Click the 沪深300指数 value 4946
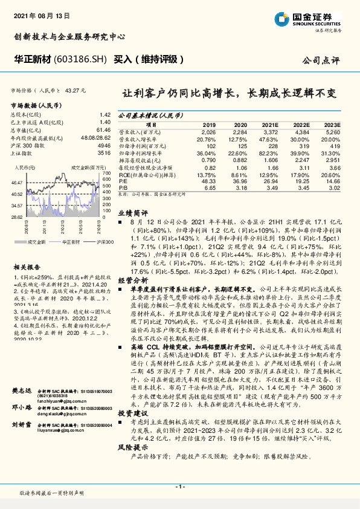[x=104, y=146]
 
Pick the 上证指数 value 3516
[x=104, y=154]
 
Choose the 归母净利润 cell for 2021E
[x=269, y=145]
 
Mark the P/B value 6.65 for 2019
[x=210, y=188]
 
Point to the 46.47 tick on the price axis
[x=18, y=182]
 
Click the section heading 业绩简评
[x=132, y=213]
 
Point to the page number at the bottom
[x=179, y=486]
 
